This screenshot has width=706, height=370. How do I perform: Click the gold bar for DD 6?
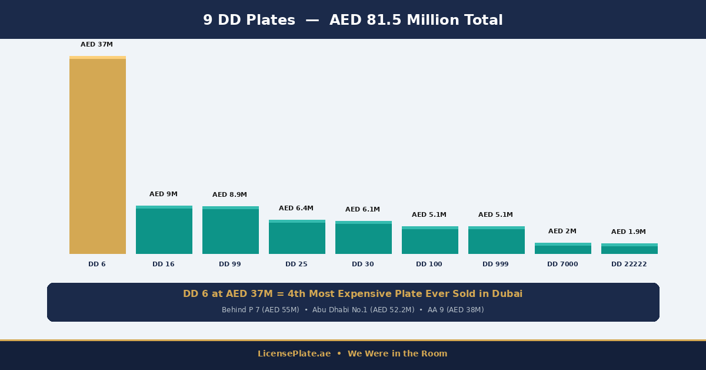coord(98,156)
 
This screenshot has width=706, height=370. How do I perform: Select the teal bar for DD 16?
coord(164,230)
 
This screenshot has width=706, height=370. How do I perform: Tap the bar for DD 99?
coord(231,231)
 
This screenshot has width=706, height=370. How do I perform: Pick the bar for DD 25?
coord(297,237)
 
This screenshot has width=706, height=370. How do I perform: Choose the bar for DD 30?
coord(364,238)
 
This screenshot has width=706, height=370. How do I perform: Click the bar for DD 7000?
coord(563,249)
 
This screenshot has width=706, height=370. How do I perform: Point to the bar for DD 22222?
coord(630,249)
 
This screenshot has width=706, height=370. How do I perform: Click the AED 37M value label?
coord(96,45)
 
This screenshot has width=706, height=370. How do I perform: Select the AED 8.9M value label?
coord(229,195)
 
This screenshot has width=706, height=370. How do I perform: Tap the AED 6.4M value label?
coord(296,209)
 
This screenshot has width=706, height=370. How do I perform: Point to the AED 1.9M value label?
coord(628,232)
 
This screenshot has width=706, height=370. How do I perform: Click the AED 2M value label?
coord(562,232)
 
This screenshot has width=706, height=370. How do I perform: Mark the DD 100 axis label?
coord(429,265)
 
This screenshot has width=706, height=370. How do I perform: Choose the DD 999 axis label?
coord(495,265)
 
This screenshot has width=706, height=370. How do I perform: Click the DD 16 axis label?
coord(163,265)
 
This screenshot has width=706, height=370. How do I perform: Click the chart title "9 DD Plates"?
coord(249,21)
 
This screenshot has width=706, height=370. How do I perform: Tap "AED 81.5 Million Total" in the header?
coord(416,21)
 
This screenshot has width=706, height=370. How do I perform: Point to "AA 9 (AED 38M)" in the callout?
coord(455,310)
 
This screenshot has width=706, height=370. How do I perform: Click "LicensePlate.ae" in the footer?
coord(294,354)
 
